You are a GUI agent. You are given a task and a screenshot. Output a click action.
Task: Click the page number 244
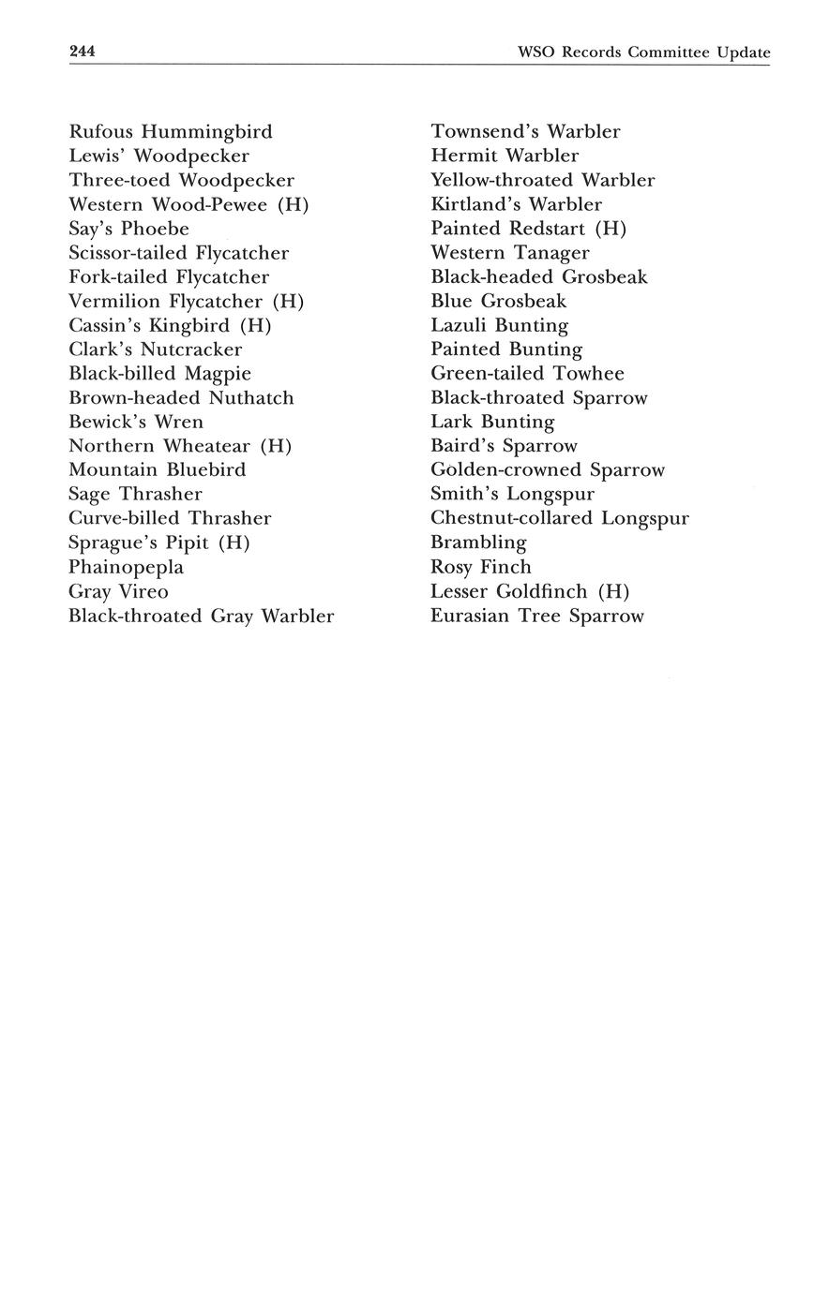tap(83, 52)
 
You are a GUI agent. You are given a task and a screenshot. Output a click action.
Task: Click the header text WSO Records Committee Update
tap(643, 52)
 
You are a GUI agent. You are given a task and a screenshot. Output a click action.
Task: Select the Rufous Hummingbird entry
tap(171, 132)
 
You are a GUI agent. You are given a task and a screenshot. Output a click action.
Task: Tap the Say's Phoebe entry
tap(128, 230)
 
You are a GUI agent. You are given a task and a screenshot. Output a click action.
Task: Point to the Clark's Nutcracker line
tap(156, 350)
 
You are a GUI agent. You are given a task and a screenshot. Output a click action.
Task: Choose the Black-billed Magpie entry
tap(159, 374)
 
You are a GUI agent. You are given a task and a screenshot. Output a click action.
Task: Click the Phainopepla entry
tap(126, 568)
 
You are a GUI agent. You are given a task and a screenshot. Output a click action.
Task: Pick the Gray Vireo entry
tap(118, 592)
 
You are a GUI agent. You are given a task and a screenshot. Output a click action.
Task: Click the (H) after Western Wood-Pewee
tap(294, 205)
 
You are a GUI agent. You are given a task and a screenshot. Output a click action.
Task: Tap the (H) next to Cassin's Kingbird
tap(255, 326)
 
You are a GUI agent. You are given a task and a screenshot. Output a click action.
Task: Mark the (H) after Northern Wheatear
tap(276, 447)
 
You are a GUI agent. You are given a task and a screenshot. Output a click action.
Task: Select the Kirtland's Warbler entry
tap(516, 204)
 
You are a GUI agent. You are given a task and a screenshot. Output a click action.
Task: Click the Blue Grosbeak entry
tap(498, 302)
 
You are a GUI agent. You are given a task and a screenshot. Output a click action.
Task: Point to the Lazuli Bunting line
tap(499, 326)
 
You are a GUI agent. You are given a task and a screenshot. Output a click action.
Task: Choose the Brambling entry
tap(478, 543)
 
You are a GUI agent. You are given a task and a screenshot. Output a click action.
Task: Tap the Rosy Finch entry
tap(480, 568)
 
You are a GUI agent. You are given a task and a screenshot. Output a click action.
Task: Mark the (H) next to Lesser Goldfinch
tap(613, 592)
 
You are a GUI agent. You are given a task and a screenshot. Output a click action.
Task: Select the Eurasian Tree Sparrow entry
tap(536, 617)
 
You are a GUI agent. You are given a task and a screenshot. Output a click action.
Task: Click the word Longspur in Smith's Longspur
tap(550, 495)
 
